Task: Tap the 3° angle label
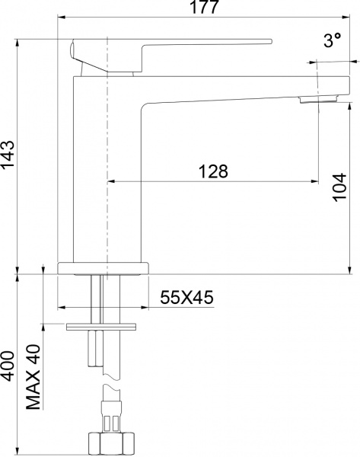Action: (332, 43)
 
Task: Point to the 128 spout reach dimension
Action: (214, 171)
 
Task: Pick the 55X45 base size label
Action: (186, 298)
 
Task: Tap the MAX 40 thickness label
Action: (33, 377)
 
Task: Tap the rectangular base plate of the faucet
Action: (104, 267)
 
